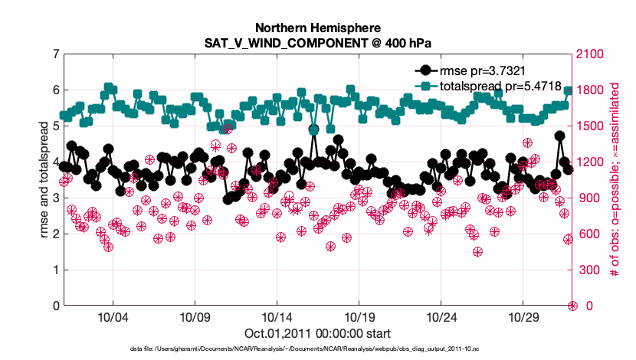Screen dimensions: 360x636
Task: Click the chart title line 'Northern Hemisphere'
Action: tap(317, 28)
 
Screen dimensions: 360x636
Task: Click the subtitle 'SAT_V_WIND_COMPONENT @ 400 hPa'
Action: tap(317, 43)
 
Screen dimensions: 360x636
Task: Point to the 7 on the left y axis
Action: tap(56, 54)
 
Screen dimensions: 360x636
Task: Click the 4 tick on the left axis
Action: tap(56, 162)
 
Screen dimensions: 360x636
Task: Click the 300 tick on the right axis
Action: tap(588, 270)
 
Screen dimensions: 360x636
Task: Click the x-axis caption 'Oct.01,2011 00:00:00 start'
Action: tap(317, 333)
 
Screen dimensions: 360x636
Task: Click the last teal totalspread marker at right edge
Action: tap(568, 90)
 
